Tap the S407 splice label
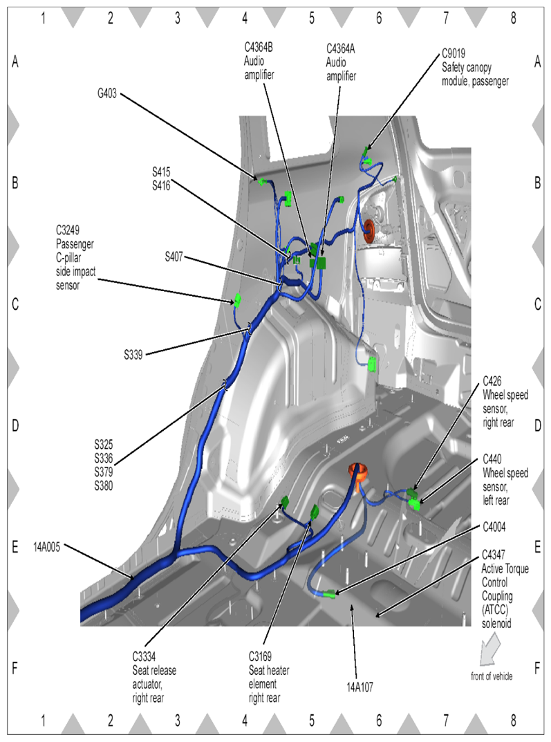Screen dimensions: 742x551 (174, 257)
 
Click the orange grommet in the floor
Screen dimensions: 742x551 (358, 474)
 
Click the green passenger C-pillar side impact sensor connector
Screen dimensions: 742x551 (237, 301)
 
